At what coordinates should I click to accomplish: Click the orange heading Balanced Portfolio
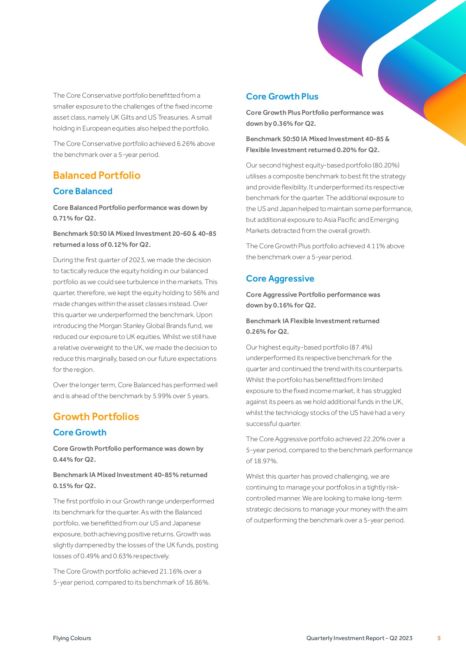[x=97, y=175]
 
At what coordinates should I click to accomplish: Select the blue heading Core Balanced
[x=83, y=191]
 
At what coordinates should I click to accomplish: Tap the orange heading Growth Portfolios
[x=96, y=417]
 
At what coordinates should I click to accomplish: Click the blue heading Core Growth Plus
[x=282, y=97]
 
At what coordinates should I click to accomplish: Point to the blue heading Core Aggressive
[x=280, y=279]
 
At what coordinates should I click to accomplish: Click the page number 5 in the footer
[x=439, y=638]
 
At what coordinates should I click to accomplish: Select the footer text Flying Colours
[x=72, y=638]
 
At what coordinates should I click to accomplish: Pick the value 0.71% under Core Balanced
[x=63, y=218]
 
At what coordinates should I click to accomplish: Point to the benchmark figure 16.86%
[x=197, y=582]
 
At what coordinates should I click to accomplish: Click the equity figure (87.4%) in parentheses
[x=361, y=347]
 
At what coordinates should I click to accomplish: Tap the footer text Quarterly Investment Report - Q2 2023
[x=359, y=638]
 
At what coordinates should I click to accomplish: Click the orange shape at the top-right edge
[x=448, y=113]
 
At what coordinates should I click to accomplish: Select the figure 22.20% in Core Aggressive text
[x=374, y=439]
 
